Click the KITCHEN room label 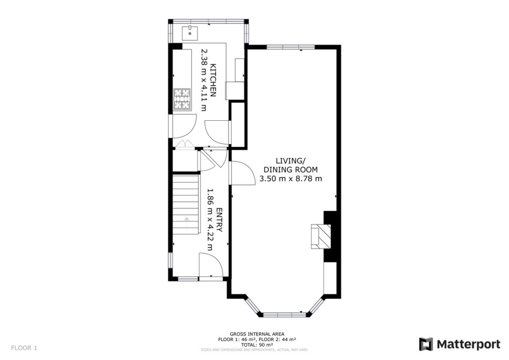coord(213,80)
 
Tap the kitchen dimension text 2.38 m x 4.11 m coord(203,80)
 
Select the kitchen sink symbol coord(190,33)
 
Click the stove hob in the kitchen coord(182,98)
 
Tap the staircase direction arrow coord(186,219)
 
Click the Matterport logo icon coord(426,344)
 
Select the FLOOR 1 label coord(24,348)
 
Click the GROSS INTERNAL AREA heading coord(257,334)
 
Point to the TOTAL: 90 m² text coord(257,345)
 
